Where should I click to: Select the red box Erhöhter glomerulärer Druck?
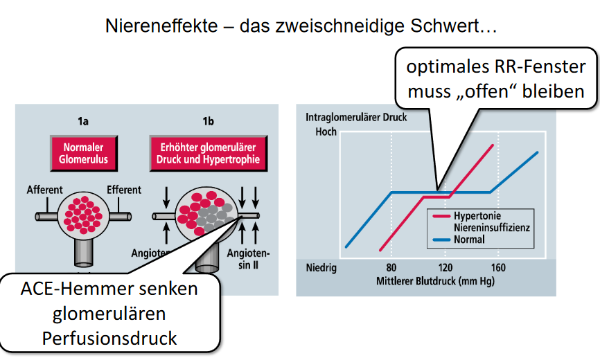click(x=208, y=154)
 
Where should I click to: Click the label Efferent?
click(x=124, y=189)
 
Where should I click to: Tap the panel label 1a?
click(x=83, y=122)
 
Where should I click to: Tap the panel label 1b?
click(x=208, y=122)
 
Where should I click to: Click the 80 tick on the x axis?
click(x=391, y=268)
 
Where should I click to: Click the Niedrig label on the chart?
click(x=321, y=268)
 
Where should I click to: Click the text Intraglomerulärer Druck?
click(x=356, y=117)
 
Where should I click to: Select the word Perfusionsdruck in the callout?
click(x=109, y=339)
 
